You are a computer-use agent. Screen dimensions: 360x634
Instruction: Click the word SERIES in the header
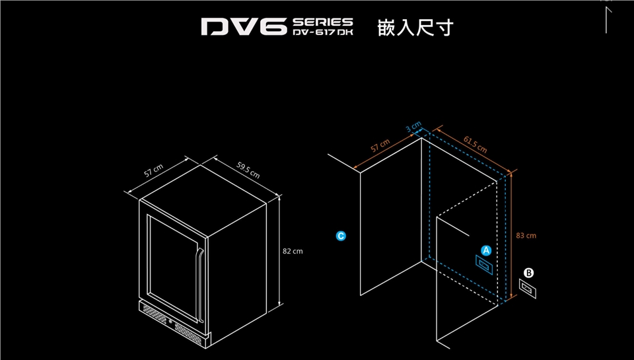[x=322, y=22]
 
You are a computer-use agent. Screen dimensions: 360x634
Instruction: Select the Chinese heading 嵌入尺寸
[x=415, y=28]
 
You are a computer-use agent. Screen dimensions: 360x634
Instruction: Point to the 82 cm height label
[x=292, y=251]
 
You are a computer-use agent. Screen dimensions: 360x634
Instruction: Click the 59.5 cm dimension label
[x=248, y=170]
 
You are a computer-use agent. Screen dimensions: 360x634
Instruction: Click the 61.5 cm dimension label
[x=475, y=145]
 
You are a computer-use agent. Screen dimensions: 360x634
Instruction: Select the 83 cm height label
[x=526, y=235]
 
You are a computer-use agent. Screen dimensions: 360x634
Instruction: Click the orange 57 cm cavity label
[x=380, y=146]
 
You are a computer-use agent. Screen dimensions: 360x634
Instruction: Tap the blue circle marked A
[x=487, y=250]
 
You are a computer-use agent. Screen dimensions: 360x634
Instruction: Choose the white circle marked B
[x=528, y=272]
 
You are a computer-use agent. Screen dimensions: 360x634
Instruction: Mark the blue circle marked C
[x=341, y=235]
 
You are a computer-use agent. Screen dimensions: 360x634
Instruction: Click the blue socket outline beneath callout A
[x=485, y=265]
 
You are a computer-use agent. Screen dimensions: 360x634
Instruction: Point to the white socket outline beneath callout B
[x=528, y=288]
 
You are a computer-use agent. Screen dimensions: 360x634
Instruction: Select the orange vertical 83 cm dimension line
[x=512, y=238]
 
